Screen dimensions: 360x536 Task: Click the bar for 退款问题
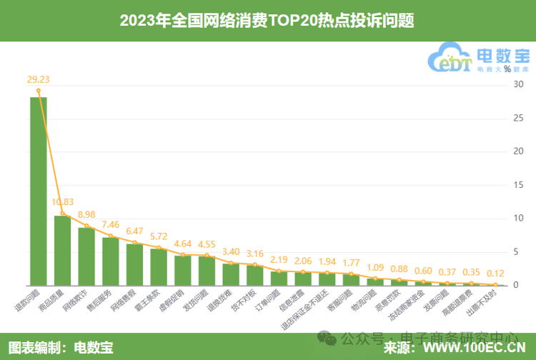[x=39, y=191]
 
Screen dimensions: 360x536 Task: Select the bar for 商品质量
[x=63, y=250]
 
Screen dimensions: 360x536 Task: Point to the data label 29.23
[x=39, y=79]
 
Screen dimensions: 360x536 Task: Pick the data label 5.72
[x=159, y=236]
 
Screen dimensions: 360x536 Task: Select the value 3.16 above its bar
[x=255, y=254]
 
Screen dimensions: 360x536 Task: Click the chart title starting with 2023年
[x=267, y=21]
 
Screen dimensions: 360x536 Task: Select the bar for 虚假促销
[x=183, y=270]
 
